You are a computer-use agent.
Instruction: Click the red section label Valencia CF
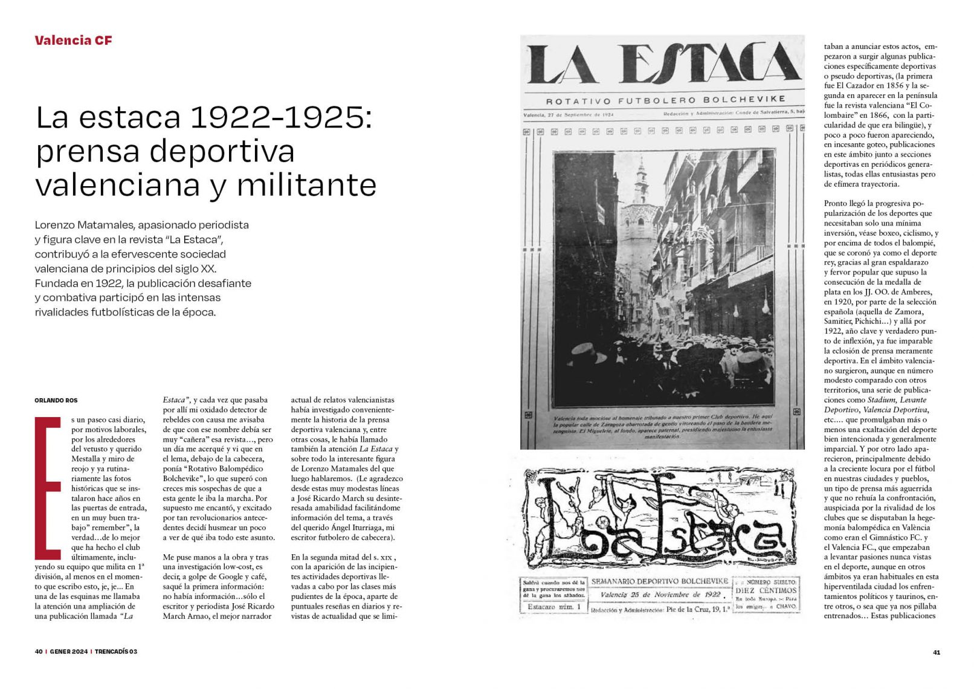pos(73,40)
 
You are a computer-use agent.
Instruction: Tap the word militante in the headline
pos(306,185)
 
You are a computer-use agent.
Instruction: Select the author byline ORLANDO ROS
pos(56,400)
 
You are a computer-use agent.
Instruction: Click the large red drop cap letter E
pos(48,488)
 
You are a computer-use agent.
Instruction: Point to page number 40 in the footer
pos(39,652)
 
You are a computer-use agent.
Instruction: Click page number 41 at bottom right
pos(937,652)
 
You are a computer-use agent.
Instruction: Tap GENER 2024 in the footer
pos(68,652)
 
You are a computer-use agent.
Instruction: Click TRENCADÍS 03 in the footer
pos(116,652)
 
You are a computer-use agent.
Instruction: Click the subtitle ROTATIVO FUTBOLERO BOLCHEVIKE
pos(665,100)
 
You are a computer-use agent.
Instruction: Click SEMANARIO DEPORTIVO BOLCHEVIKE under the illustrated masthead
pos(659,581)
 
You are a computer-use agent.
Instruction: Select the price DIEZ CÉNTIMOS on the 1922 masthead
pos(766,590)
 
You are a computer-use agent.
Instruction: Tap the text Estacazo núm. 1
pos(553,607)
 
